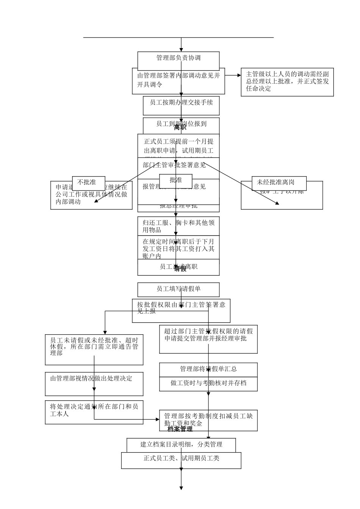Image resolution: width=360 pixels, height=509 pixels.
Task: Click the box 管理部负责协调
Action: point(178,58)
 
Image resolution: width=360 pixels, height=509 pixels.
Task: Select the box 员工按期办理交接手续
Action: point(181,106)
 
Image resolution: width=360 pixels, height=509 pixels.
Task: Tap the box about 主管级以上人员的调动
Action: point(287,82)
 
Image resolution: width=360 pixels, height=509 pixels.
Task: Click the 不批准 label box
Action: point(87,182)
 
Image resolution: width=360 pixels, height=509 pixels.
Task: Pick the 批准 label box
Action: point(176,180)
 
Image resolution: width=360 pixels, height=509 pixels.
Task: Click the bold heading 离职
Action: point(180,128)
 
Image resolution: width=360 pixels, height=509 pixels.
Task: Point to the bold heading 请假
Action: point(180,269)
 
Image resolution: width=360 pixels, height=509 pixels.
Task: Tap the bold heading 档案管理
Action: point(180,429)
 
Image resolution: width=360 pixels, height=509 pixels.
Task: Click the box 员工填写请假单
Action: point(178,289)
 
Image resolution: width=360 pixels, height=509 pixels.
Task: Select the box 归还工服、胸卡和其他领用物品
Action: point(178,226)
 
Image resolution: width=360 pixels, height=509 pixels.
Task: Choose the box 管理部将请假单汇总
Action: point(208,369)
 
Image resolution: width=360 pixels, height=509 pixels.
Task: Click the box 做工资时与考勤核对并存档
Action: point(208,384)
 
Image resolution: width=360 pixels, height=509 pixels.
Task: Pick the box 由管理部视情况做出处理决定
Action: point(94,383)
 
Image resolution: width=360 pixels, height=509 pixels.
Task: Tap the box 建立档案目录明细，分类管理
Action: point(181,445)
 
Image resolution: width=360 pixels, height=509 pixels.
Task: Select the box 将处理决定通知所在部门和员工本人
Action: point(94,412)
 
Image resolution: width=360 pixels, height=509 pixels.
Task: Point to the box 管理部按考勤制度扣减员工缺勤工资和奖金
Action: point(208,420)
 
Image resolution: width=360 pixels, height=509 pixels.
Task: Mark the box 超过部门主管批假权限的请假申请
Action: point(208,339)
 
